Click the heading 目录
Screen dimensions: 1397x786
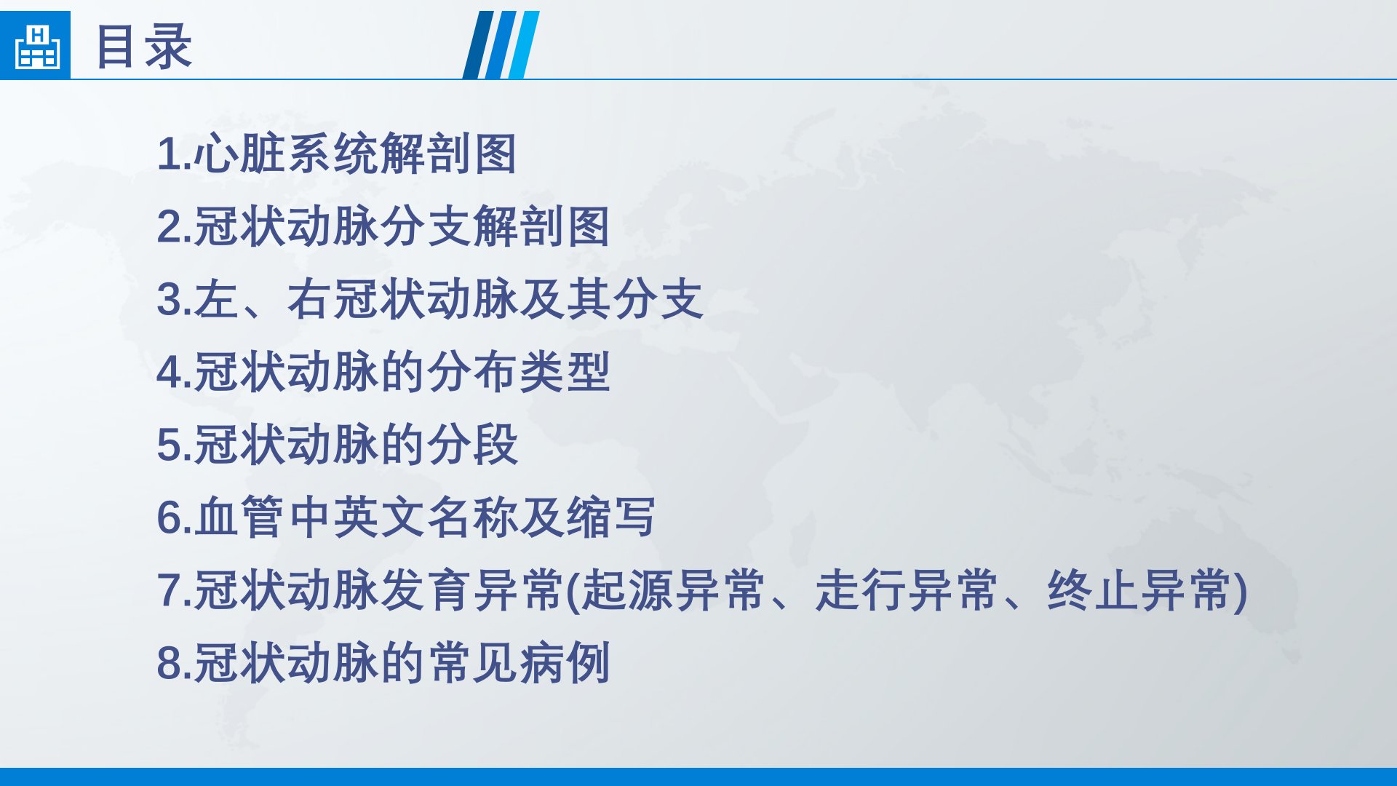144,46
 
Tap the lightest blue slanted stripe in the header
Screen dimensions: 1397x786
524,45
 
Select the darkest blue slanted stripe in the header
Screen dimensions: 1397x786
478,45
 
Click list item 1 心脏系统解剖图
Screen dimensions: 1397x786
337,154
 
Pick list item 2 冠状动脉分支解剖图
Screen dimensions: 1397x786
383,226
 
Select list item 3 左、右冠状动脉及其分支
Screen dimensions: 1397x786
430,299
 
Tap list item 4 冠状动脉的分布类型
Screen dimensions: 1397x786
383,372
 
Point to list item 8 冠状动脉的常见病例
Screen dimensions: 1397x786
383,663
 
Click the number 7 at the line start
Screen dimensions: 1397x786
170,591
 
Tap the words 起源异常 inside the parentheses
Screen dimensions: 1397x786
674,590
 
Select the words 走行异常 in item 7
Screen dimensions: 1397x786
907,590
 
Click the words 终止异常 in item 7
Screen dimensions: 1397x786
1139,590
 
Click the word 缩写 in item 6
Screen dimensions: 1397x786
611,517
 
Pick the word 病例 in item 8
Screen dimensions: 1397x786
564,663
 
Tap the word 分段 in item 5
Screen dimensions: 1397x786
472,445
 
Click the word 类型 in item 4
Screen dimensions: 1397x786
564,372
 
